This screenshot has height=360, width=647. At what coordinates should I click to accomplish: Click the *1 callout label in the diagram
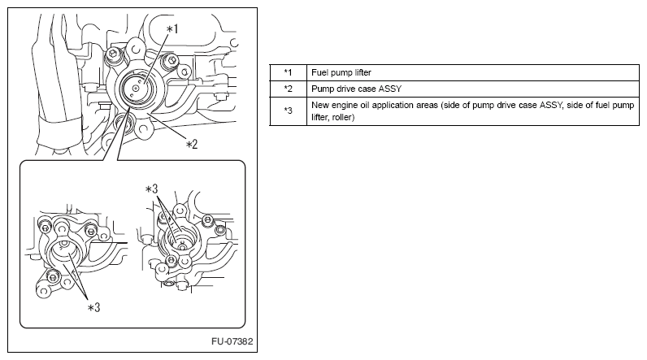click(172, 29)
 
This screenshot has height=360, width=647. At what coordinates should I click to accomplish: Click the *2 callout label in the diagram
click(192, 145)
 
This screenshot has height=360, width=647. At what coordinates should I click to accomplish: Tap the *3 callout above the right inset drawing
click(151, 189)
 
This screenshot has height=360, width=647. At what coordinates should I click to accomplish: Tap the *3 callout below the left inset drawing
click(94, 308)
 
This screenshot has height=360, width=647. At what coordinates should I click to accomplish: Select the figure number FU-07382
click(232, 341)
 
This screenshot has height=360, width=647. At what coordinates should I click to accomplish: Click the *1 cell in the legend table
click(288, 72)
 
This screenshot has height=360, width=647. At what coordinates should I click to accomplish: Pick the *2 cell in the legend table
click(288, 89)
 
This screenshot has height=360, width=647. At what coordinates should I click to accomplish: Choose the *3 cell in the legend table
click(288, 111)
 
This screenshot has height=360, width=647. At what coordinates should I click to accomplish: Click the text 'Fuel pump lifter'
click(341, 72)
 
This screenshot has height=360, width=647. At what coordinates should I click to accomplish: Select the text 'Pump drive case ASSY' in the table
click(357, 89)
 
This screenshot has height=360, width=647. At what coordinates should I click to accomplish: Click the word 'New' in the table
click(319, 105)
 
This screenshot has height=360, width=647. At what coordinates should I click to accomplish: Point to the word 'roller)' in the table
click(343, 117)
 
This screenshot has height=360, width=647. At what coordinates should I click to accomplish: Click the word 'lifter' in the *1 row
click(362, 72)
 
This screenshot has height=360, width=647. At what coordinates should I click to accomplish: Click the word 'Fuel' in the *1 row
click(319, 72)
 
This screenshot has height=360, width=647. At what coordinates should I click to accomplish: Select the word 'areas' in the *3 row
click(427, 106)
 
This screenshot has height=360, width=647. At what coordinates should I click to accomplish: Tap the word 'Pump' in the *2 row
click(321, 89)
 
